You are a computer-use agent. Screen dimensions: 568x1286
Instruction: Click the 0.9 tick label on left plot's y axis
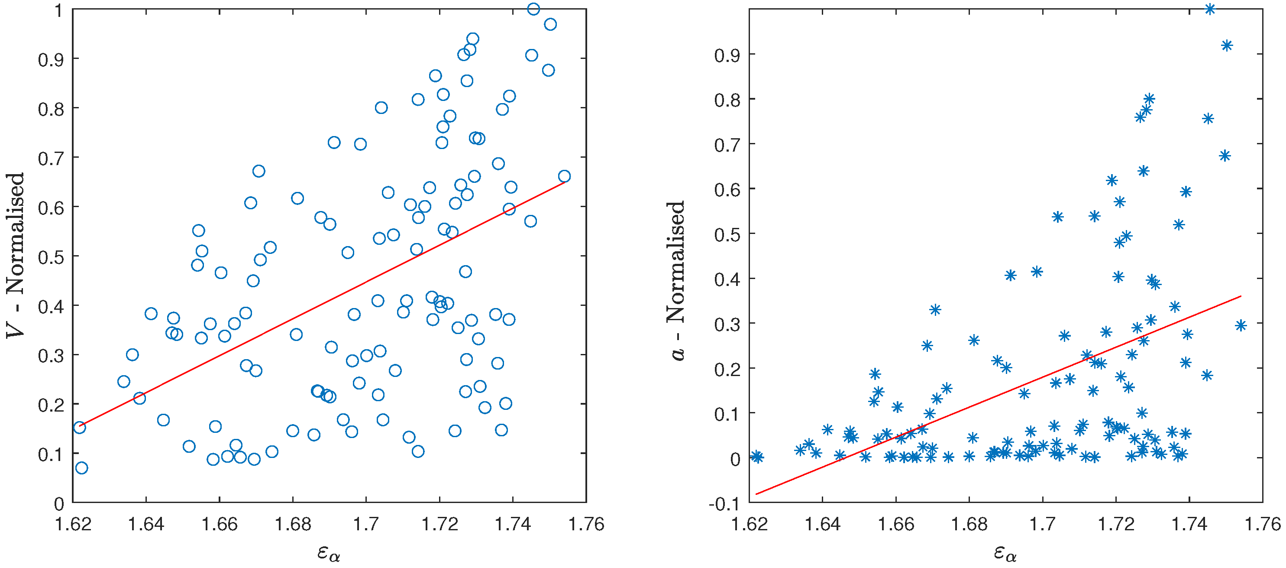51,60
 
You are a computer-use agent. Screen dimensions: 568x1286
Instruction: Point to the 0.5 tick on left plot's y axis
51,257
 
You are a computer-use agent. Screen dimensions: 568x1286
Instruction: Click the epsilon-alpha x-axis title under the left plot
329,553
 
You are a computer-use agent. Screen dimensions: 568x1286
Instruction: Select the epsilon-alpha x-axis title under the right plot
1005,553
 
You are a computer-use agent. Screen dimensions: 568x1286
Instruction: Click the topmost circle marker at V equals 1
533,9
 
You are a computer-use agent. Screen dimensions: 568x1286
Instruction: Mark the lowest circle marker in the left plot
81,467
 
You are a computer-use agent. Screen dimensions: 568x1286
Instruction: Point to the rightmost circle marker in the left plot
564,176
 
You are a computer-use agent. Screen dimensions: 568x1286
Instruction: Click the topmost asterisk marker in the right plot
1210,9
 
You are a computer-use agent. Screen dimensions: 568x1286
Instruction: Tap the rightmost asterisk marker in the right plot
1241,326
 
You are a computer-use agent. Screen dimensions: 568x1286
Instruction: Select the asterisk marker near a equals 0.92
1227,45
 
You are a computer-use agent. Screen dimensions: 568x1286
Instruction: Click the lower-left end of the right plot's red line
757,494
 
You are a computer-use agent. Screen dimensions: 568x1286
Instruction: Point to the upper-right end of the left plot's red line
564,182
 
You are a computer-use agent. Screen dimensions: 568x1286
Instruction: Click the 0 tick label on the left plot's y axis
59,504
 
